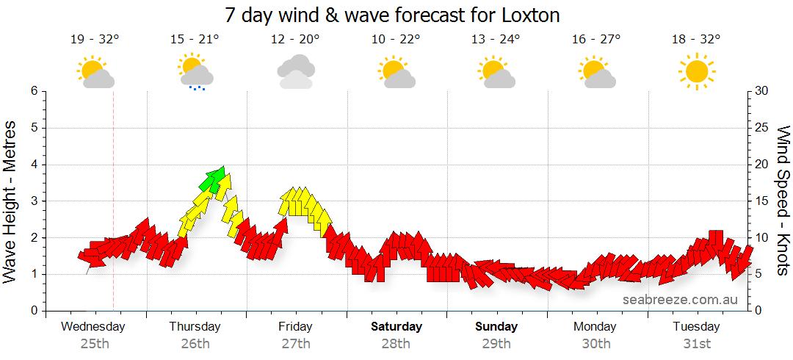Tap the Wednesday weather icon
pyautogui.click(x=95, y=73)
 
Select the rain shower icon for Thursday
pyautogui.click(x=195, y=72)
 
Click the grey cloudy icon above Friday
pyautogui.click(x=296, y=71)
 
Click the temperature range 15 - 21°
pyautogui.click(x=195, y=40)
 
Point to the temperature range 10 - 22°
pyautogui.click(x=395, y=40)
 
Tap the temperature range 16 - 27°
pyautogui.click(x=596, y=40)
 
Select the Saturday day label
pyautogui.click(x=396, y=327)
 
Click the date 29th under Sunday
pyautogui.click(x=496, y=343)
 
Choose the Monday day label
pyautogui.click(x=596, y=327)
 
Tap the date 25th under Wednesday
pyautogui.click(x=94, y=343)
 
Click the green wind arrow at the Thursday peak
pyautogui.click(x=214, y=179)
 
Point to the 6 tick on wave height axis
pyautogui.click(x=33, y=91)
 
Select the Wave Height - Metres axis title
pyautogui.click(x=11, y=201)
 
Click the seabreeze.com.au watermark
pyautogui.click(x=680, y=300)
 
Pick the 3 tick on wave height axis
pyautogui.click(x=33, y=201)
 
